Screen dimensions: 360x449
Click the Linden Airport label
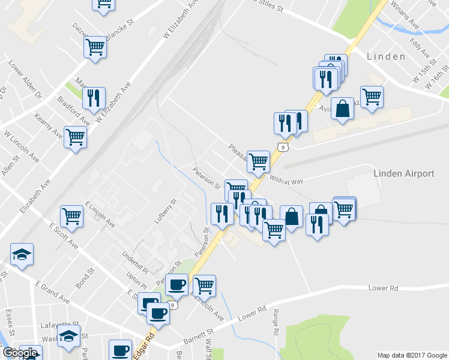pyautogui.click(x=403, y=173)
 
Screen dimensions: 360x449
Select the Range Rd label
pyautogui.click(x=275, y=322)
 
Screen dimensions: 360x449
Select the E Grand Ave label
pyautogui.click(x=52, y=291)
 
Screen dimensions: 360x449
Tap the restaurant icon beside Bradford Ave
pyautogui.click(x=94, y=98)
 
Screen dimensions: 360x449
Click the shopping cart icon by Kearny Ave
pyautogui.click(x=75, y=137)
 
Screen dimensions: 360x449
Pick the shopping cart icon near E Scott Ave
pyautogui.click(x=71, y=216)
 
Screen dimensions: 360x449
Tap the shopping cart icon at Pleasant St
pyautogui.click(x=258, y=161)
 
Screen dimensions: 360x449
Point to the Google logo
pyautogui.click(x=21, y=353)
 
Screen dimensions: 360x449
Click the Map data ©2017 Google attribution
pyautogui.click(x=411, y=355)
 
